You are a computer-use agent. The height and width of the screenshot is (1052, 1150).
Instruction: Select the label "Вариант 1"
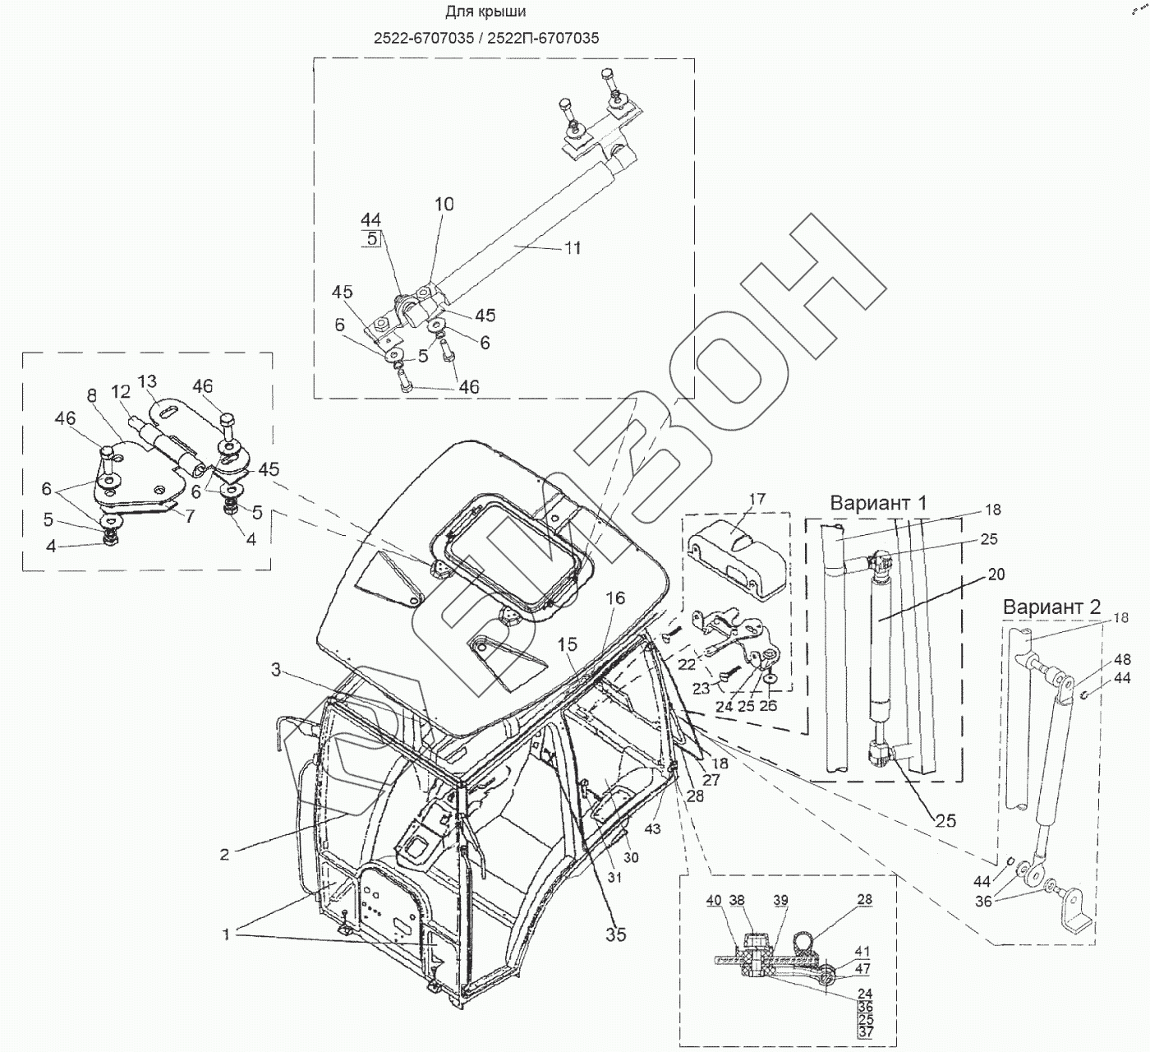[x=878, y=503]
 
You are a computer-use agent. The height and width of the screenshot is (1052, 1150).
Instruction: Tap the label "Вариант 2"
[x=1051, y=607]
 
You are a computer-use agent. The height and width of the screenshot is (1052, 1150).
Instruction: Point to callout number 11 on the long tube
[x=573, y=247]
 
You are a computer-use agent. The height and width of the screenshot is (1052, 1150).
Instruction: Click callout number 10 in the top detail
[x=444, y=204]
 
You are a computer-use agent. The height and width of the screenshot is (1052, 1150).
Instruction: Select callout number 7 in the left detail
[x=190, y=517]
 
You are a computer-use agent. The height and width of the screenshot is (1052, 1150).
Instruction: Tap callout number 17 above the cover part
[x=757, y=499]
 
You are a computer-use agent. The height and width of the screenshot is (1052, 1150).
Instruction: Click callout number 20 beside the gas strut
[x=996, y=574]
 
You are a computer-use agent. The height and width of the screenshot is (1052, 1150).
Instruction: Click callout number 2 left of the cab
[x=223, y=854]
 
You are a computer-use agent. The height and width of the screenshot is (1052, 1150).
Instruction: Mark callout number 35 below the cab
[x=615, y=934]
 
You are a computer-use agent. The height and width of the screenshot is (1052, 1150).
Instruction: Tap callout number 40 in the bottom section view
[x=713, y=901]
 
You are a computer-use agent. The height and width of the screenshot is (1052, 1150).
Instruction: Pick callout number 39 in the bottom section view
[x=780, y=901]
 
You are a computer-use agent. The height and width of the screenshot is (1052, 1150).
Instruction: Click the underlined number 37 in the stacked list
[x=863, y=1031]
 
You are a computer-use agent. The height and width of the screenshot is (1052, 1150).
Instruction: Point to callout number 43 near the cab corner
[x=652, y=829]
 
